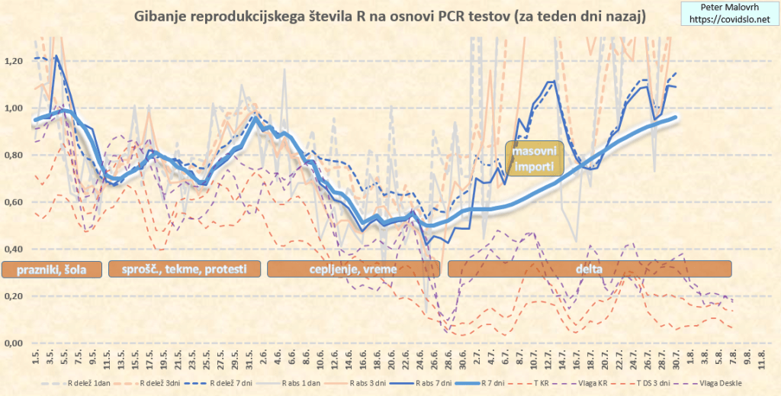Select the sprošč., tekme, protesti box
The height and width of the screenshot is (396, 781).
185,269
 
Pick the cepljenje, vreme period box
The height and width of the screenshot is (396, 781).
353,269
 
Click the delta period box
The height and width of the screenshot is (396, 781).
590,269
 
